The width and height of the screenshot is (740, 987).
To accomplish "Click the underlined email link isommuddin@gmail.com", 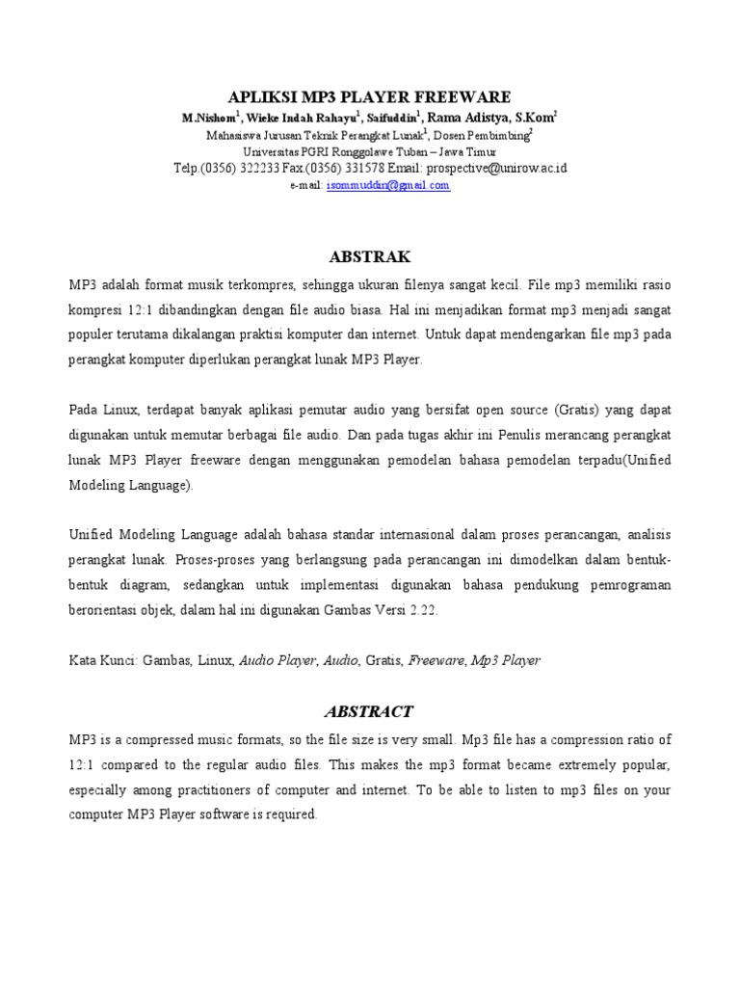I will point(388,186).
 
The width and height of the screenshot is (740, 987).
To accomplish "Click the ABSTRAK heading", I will point(370,256).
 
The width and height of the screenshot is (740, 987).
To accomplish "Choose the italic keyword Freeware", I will point(437,661).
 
